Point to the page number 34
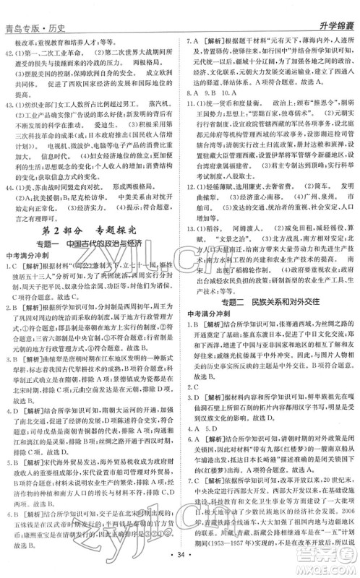click(x=180, y=562)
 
